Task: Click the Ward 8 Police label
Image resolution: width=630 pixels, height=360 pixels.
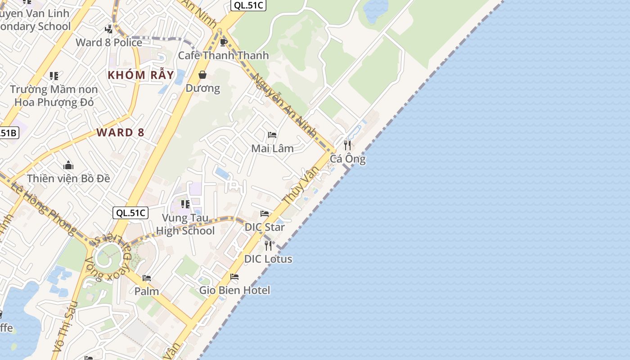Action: point(109,42)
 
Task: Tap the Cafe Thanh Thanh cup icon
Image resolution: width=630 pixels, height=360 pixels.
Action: point(223,42)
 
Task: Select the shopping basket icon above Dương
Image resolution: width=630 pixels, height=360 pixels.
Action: point(202,75)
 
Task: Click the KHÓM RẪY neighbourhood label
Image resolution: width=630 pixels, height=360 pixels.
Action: point(141,75)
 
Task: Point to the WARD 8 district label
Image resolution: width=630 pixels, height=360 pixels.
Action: point(121,132)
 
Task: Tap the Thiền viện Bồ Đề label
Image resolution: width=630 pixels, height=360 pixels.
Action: point(68,178)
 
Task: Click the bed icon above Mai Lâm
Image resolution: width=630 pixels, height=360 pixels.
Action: point(272,135)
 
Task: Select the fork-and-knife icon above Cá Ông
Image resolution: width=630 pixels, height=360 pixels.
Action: point(347,145)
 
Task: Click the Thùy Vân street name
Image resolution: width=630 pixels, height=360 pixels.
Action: point(301,185)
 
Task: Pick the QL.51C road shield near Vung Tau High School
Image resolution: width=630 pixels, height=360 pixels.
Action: point(130,213)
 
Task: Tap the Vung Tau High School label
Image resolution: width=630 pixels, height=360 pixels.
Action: point(185,225)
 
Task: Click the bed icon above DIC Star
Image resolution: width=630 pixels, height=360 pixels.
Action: point(265,214)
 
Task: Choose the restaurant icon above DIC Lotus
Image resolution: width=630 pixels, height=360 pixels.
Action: point(268,245)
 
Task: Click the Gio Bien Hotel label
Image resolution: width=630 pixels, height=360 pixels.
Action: point(235,290)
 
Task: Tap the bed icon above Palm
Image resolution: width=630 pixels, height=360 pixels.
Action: point(147,278)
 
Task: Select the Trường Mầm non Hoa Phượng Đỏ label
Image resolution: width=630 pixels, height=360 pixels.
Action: point(54,96)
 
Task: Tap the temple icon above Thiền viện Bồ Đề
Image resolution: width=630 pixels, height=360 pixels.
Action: point(68,165)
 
